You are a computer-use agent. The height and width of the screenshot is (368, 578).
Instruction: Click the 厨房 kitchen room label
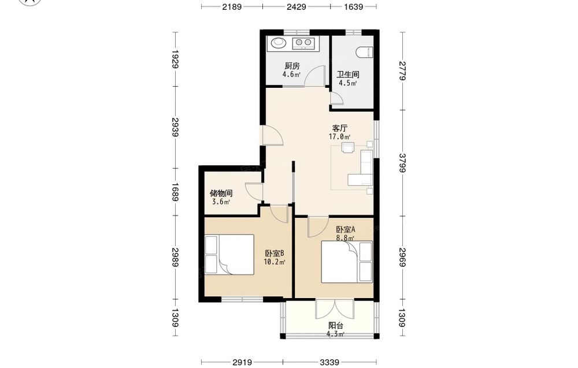coord(292,66)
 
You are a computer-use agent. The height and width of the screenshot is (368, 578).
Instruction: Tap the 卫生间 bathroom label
coord(347,75)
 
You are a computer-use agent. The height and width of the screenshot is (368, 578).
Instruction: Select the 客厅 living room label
coord(339,128)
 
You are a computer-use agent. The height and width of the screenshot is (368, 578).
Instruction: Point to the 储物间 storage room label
coord(221,194)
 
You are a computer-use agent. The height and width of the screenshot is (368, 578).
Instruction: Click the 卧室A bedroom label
coord(346,229)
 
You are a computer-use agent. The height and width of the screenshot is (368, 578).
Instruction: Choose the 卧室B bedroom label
coord(274,254)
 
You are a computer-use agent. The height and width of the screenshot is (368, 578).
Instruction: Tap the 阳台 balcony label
coord(336,326)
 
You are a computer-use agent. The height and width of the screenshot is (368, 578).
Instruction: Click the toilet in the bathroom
coord(365,53)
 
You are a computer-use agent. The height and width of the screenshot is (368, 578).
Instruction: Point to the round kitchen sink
coord(279,43)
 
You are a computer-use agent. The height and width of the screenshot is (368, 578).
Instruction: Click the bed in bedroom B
coord(229,255)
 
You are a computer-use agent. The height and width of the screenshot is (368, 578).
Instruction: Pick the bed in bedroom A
coord(347,262)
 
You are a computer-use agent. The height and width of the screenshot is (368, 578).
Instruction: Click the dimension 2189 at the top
coord(232,6)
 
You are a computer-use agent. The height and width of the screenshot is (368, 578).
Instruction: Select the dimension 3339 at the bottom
coord(329,362)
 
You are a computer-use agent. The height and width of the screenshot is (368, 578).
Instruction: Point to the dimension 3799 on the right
coord(402,163)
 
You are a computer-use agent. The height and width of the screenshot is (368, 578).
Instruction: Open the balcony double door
coord(335,310)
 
